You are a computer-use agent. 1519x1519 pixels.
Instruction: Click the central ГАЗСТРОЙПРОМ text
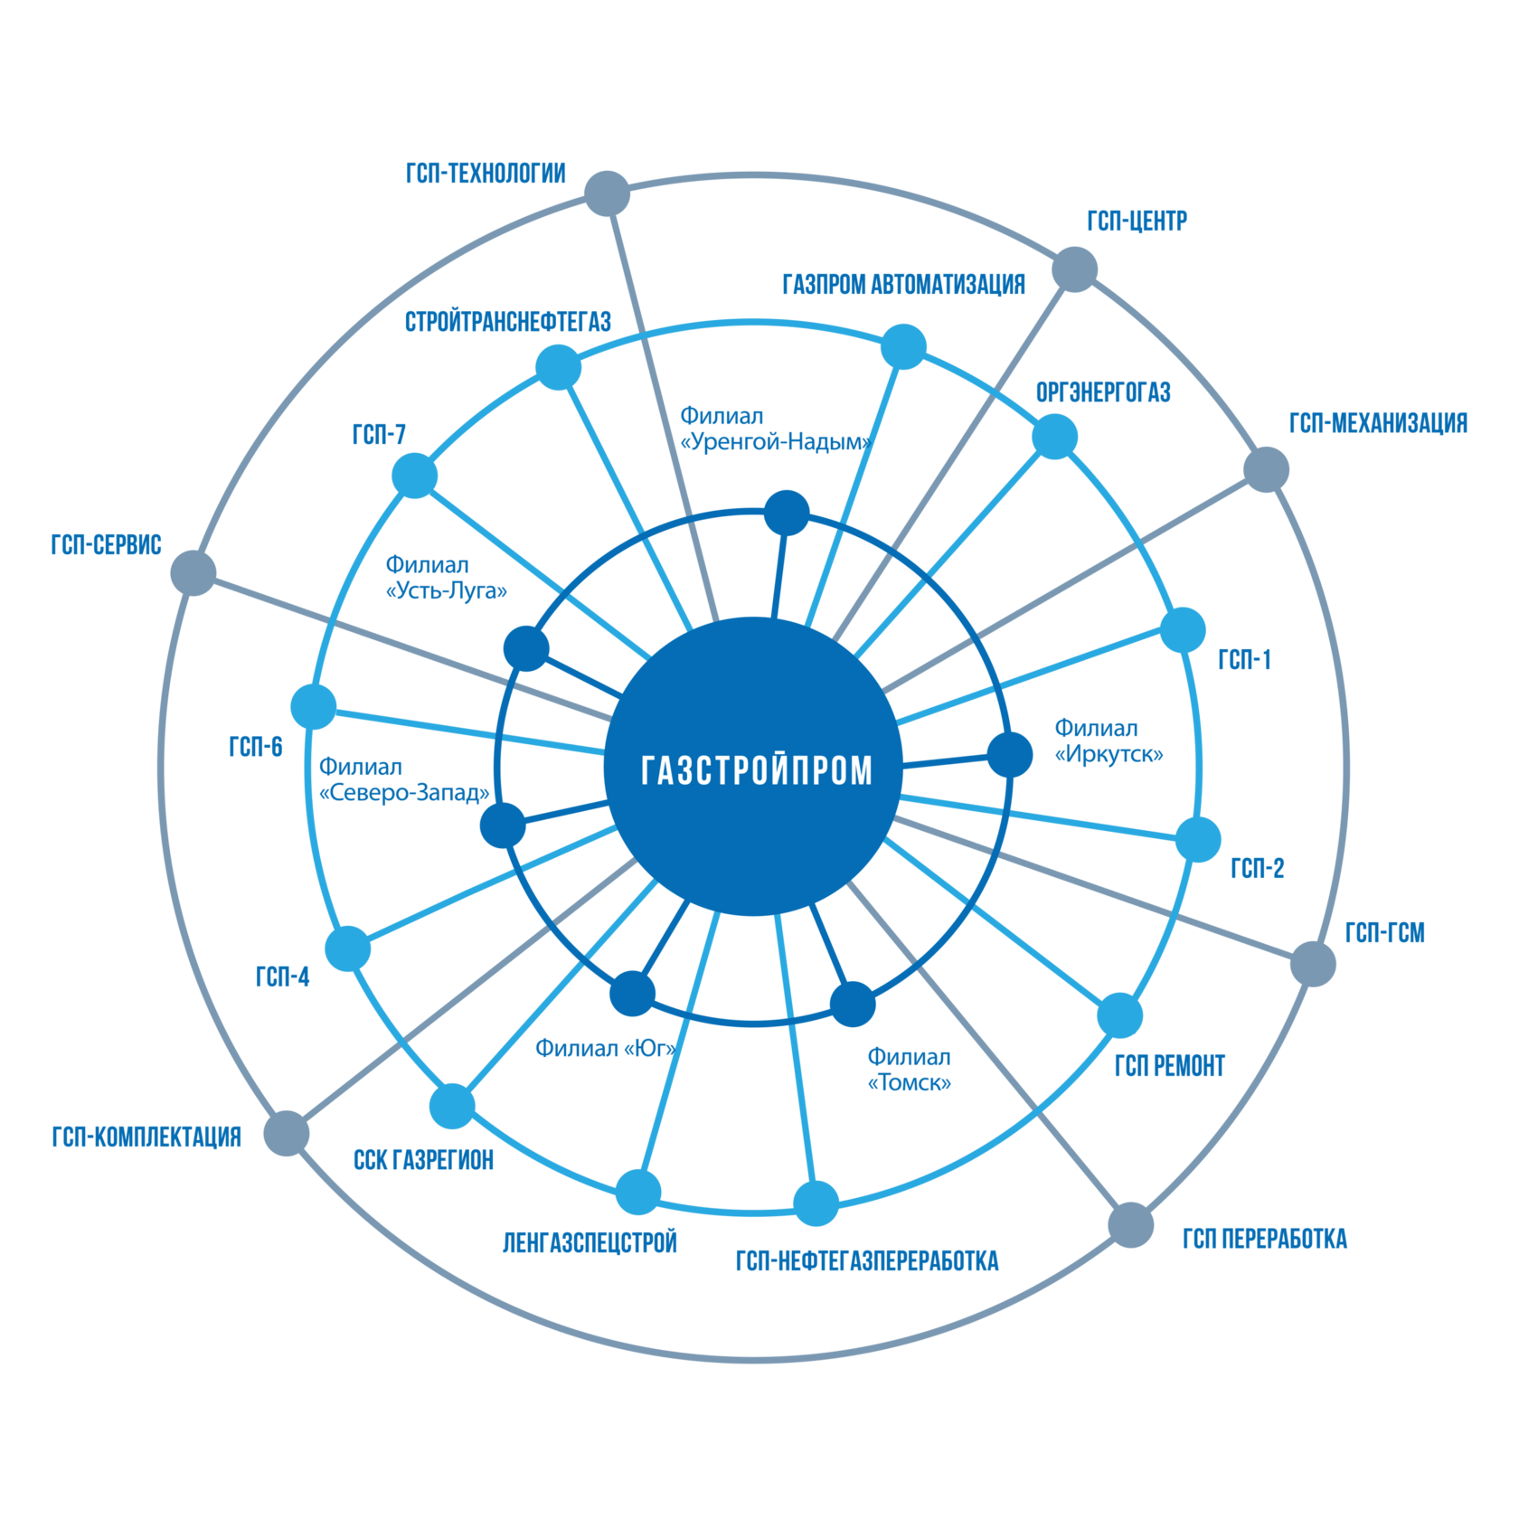[x=756, y=770]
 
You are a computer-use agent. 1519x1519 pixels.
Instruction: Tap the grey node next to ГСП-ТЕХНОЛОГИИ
[x=606, y=193]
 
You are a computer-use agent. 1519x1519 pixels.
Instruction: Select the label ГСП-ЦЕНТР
[x=1137, y=222]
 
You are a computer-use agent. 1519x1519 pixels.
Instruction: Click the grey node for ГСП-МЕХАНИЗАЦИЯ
[x=1265, y=468]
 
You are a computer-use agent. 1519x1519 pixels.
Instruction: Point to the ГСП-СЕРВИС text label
[x=106, y=544]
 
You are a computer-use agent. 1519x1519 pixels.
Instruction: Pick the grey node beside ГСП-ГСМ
[x=1312, y=963]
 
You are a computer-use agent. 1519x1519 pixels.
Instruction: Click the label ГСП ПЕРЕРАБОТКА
[x=1264, y=1239]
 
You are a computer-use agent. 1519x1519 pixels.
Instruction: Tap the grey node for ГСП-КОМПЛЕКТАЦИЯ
[x=287, y=1133]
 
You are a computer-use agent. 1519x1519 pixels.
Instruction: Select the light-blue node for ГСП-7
[x=414, y=475]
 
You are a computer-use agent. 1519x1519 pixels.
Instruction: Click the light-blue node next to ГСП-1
[x=1183, y=629]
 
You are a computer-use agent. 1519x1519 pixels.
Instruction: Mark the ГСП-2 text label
[x=1257, y=869]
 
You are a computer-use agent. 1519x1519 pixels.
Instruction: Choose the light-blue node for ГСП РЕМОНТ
[x=1119, y=1015]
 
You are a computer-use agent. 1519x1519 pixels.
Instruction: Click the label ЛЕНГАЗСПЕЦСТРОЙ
[x=590, y=1242]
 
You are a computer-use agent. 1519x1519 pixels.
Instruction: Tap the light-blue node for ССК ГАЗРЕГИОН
[x=452, y=1105]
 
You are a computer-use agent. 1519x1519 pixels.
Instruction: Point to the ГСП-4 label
[x=283, y=976]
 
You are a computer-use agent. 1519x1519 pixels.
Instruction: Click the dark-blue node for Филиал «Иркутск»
[x=1009, y=754]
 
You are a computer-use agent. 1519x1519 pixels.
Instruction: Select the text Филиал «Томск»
[x=909, y=1070]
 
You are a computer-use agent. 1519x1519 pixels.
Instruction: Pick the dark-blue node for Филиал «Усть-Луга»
[x=526, y=647]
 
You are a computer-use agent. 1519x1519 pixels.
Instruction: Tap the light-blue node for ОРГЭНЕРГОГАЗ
[x=1054, y=436]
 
